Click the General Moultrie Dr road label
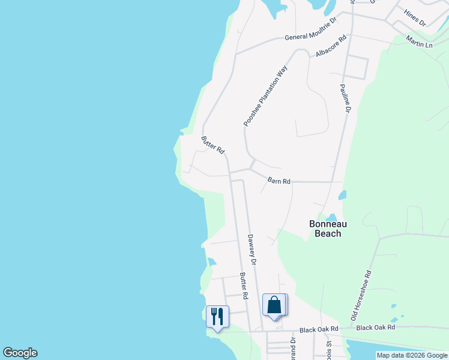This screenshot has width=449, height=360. pos(311,37)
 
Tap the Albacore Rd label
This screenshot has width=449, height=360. pos(332,46)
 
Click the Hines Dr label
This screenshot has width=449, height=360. pos(414,18)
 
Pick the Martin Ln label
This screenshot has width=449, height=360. pos(419,41)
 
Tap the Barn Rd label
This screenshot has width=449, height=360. pos(279,181)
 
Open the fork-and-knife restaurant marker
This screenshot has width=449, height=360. pos(217,316)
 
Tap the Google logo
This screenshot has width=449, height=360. pos(20,353)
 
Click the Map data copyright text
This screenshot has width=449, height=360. pos(411,355)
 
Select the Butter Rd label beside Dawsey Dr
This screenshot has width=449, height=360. pos(244,286)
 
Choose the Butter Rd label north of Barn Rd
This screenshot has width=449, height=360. pos(212,145)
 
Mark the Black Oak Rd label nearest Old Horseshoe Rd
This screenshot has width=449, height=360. pos(376,328)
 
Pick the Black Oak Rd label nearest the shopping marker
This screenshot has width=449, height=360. pos(319,329)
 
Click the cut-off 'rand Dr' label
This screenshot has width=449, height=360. pos(294,349)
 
